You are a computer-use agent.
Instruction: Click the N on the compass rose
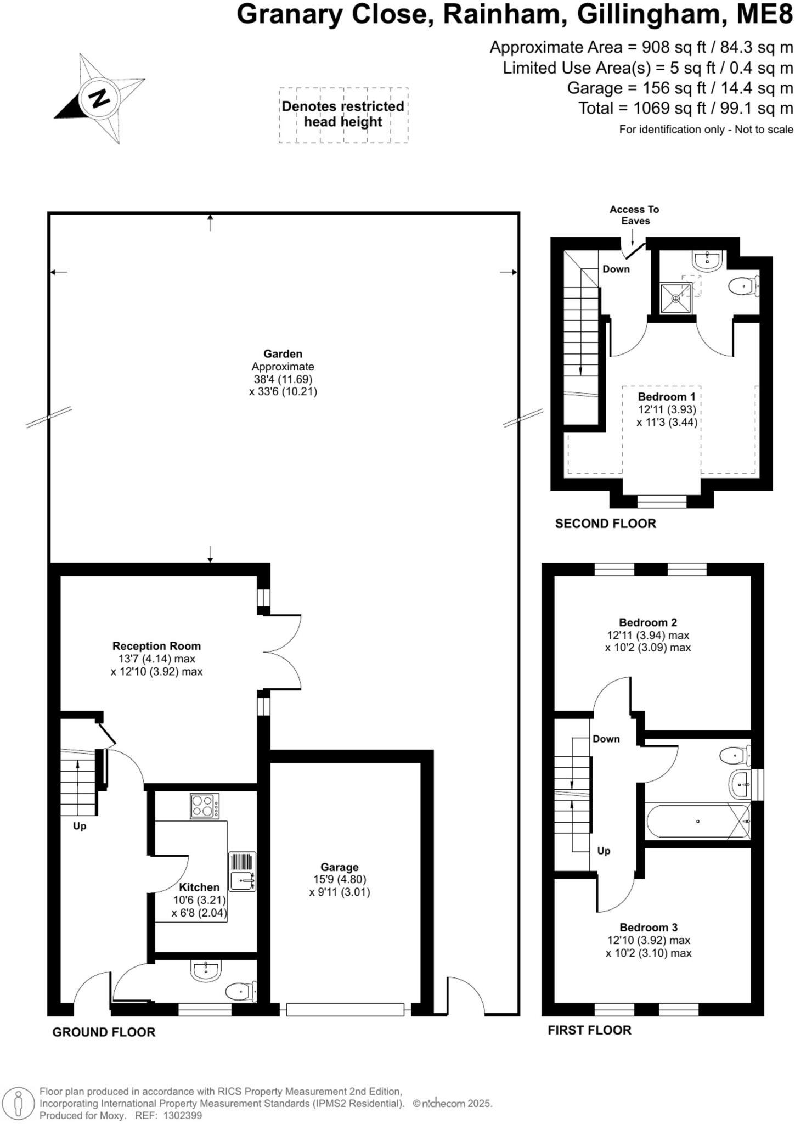(99, 98)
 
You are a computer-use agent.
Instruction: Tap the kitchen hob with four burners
(204, 806)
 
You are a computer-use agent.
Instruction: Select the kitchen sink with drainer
(242, 872)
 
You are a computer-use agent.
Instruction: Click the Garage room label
(339, 867)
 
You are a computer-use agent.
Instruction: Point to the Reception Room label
(156, 646)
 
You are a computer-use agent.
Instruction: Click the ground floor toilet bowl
(240, 992)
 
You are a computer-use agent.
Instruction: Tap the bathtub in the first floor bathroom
(697, 822)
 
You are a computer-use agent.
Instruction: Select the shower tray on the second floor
(675, 298)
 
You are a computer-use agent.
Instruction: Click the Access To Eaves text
(634, 215)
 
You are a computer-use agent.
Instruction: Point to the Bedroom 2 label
(647, 622)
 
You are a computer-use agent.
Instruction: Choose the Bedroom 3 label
(649, 928)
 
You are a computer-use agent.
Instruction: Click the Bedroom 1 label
(666, 396)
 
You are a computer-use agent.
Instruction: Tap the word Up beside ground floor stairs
(80, 826)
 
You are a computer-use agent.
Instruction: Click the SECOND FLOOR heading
(605, 524)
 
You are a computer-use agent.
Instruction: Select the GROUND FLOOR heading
(104, 1032)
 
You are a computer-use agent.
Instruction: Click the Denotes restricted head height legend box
(343, 115)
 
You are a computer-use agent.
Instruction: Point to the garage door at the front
(345, 1009)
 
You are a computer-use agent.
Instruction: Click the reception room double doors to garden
(283, 651)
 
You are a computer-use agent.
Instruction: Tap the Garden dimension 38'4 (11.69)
(283, 379)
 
